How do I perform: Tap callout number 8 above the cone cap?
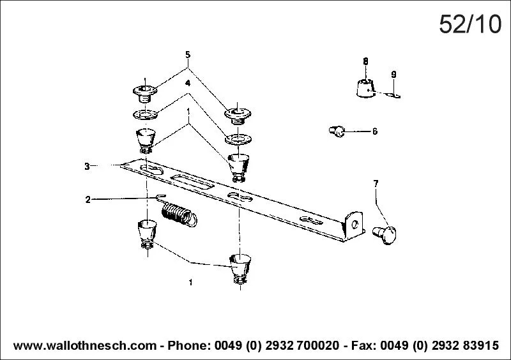[365, 61]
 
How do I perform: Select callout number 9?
[393, 75]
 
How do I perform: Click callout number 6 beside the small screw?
[374, 131]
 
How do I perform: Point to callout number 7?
[376, 184]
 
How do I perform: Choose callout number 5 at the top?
[188, 54]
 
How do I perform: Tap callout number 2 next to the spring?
[88, 199]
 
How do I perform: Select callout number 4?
[188, 84]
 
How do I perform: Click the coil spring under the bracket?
[177, 213]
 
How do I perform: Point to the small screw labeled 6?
[337, 131]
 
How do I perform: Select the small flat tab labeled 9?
[393, 96]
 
